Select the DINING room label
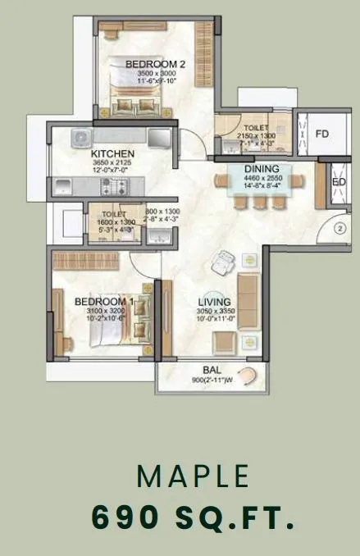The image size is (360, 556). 262,169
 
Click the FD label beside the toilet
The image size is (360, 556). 322,133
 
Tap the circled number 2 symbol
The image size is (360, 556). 342,229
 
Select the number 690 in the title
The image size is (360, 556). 124,517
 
